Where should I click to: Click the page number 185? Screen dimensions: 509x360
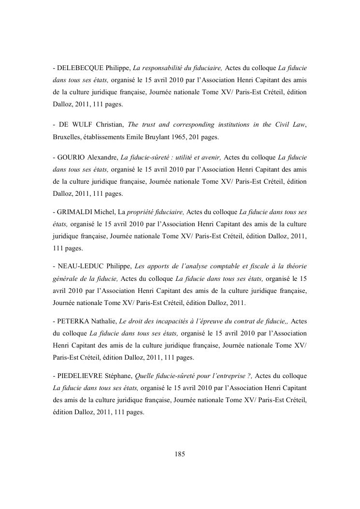pyautogui.click(x=180, y=454)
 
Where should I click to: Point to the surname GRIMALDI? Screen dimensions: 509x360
pyautogui.click(x=75, y=212)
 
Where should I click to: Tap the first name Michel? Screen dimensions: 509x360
pyautogui.click(x=105, y=212)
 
